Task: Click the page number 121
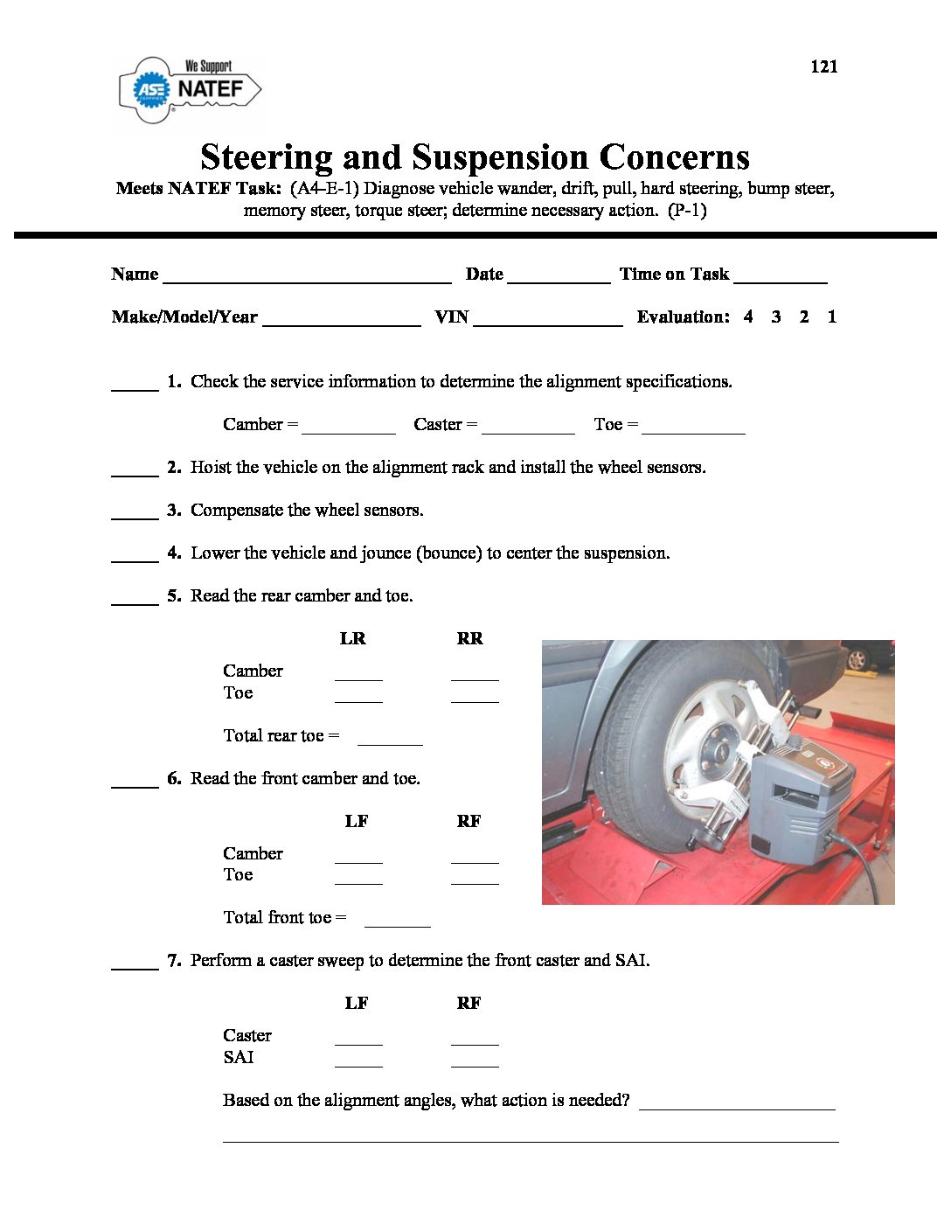pos(823,66)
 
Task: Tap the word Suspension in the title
pos(500,157)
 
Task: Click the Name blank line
pos(307,277)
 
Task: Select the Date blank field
pos(559,277)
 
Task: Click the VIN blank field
pos(547,320)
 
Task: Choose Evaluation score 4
pos(748,316)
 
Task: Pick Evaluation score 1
pos(832,316)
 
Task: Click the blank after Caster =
pos(528,428)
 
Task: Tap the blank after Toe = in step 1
pos(693,428)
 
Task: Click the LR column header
pos(352,639)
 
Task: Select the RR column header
pos(469,639)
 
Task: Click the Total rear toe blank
pos(390,739)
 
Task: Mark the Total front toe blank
pos(397,921)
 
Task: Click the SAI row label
pos(239,1057)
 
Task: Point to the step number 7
pos(174,961)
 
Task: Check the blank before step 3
pos(135,513)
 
